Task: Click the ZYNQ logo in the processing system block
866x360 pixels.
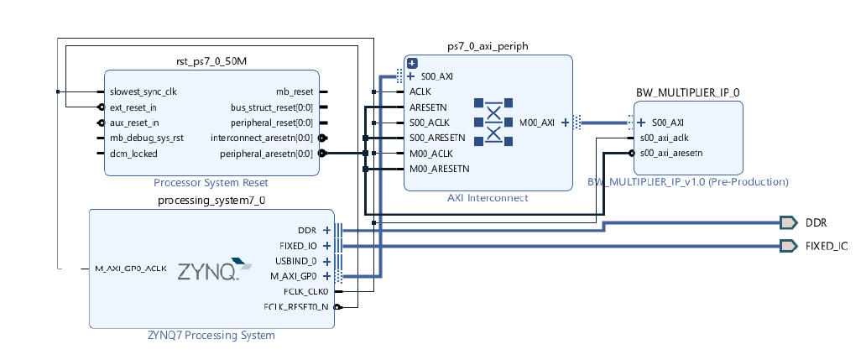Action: pyautogui.click(x=214, y=269)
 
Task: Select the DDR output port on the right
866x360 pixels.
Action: pyautogui.click(x=788, y=222)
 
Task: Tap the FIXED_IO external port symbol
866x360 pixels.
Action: pyautogui.click(x=788, y=246)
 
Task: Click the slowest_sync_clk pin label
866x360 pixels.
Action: pyautogui.click(x=143, y=91)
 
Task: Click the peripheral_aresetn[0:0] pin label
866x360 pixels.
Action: pyautogui.click(x=266, y=154)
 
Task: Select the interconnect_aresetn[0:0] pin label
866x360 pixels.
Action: pyautogui.click(x=262, y=138)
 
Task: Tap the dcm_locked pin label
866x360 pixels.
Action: pyautogui.click(x=133, y=154)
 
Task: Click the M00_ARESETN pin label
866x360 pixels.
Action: pyautogui.click(x=439, y=169)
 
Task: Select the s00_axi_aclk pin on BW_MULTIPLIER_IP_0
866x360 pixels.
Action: pyautogui.click(x=665, y=138)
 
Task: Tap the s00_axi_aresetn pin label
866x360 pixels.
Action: pyautogui.click(x=670, y=153)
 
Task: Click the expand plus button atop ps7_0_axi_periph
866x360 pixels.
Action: pyautogui.click(x=412, y=63)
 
